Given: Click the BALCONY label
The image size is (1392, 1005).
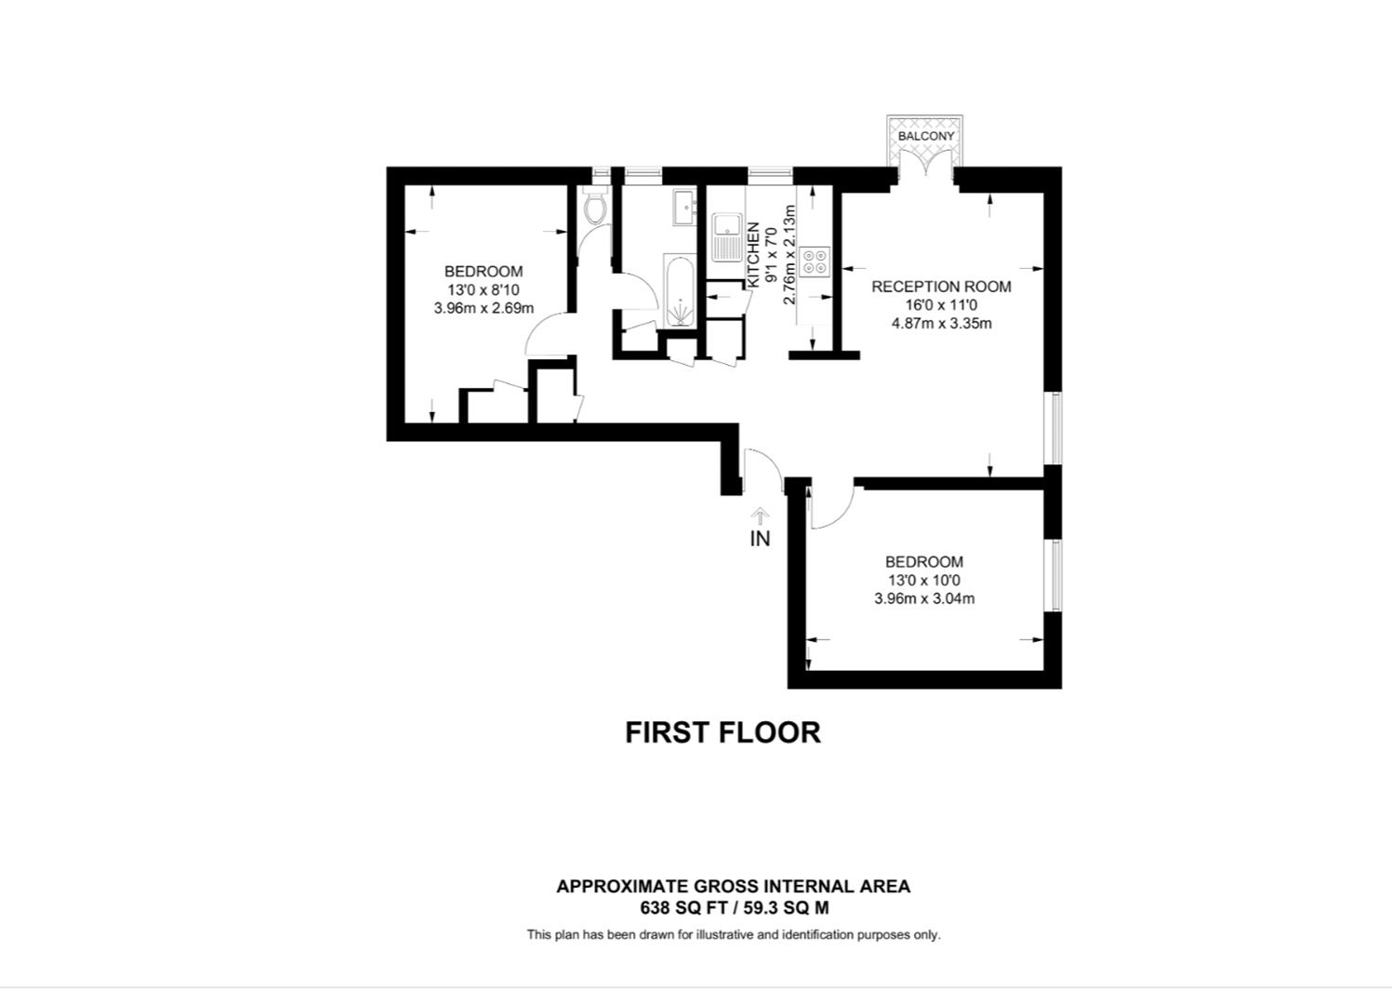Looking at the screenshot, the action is pyautogui.click(x=926, y=136).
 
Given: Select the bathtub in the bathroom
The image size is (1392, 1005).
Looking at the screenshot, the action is pyautogui.click(x=679, y=291).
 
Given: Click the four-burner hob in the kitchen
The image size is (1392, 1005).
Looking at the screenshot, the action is pyautogui.click(x=815, y=261).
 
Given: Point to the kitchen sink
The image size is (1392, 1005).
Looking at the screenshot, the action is pyautogui.click(x=727, y=237).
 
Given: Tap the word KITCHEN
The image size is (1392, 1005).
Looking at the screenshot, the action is pyautogui.click(x=753, y=255).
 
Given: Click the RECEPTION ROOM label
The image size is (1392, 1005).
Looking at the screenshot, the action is pyautogui.click(x=941, y=287).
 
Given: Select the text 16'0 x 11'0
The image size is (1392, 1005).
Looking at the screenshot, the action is pyautogui.click(x=941, y=305).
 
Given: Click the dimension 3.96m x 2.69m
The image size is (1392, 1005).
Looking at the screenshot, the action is pyautogui.click(x=484, y=308).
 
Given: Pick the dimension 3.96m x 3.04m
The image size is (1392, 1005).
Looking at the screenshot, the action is pyautogui.click(x=924, y=599).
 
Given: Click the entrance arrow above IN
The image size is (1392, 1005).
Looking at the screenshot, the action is pyautogui.click(x=760, y=516).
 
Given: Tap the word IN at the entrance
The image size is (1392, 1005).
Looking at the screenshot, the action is pyautogui.click(x=760, y=539).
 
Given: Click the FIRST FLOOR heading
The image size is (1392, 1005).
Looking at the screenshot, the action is pyautogui.click(x=723, y=732).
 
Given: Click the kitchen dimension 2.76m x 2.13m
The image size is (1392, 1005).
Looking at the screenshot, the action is pyautogui.click(x=789, y=255).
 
